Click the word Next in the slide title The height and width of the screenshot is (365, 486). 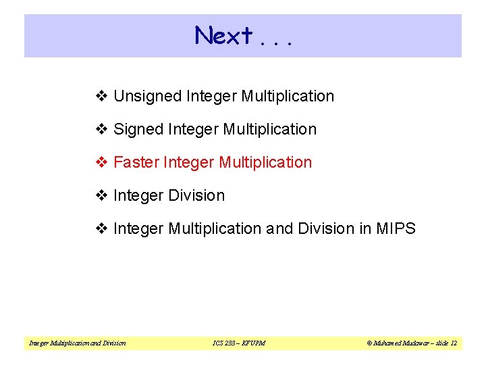click(x=223, y=35)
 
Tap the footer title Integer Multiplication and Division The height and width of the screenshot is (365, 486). click(x=77, y=343)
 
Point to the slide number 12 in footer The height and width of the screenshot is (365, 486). click(x=453, y=343)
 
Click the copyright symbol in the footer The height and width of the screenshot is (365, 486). click(x=369, y=343)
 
